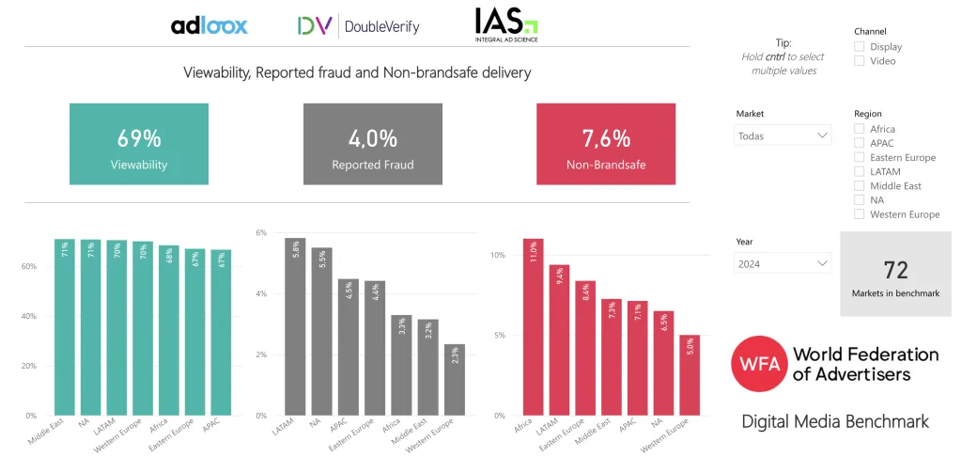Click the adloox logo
209,25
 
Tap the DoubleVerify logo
358,26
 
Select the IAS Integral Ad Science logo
505,25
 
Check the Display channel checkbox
860,47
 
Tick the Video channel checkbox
860,61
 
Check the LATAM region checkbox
860,172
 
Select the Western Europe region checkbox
860,214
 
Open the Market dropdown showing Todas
783,135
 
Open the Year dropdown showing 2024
783,264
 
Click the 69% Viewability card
139,144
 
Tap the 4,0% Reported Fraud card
372,144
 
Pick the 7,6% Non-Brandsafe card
606,144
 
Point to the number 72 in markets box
895,271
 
